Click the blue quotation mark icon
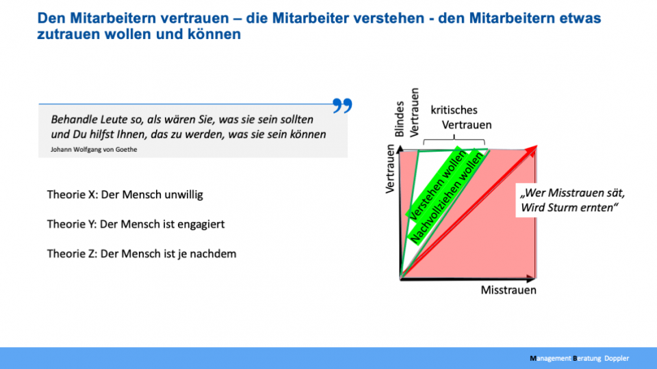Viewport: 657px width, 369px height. tap(342, 105)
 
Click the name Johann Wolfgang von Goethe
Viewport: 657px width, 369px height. tap(94, 150)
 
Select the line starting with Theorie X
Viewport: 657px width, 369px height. tap(125, 195)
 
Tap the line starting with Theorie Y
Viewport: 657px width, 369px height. tap(136, 224)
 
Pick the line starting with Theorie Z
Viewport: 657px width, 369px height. tap(142, 254)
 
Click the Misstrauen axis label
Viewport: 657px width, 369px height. tap(508, 290)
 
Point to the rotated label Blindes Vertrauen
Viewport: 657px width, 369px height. tap(407, 113)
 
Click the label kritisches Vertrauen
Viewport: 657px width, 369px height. tap(461, 118)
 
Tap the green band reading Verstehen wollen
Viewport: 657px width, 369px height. tap(436, 183)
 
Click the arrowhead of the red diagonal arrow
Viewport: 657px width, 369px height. tap(532, 150)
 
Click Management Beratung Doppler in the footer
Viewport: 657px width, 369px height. tap(580, 358)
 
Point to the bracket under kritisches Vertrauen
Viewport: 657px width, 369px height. tap(454, 140)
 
